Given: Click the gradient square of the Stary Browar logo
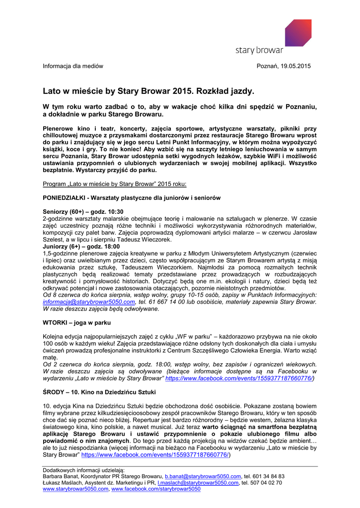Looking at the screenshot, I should (x=298, y=32).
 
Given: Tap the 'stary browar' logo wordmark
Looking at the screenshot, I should (x=259, y=50).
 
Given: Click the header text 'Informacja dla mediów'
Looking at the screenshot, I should (x=73, y=66).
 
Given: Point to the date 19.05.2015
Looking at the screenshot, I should (x=296, y=66).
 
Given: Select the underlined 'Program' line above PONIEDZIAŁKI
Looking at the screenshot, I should (x=115, y=184).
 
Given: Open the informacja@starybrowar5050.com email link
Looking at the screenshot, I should (x=89, y=302).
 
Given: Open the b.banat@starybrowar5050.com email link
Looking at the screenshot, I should (x=203, y=476).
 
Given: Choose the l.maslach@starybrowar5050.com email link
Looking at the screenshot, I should (x=198, y=483).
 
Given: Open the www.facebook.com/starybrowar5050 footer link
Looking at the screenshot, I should (x=156, y=489).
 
